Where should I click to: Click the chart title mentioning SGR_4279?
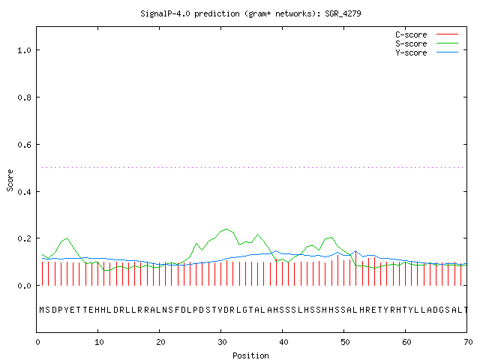250,13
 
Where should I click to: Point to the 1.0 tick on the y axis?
24,50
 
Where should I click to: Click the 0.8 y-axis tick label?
24,97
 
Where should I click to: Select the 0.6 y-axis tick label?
24,145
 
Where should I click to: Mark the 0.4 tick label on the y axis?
24,192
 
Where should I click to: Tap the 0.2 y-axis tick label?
24,238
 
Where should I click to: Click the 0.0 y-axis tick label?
24,286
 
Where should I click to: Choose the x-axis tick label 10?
99,342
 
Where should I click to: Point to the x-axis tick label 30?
222,342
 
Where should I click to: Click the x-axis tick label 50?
345,342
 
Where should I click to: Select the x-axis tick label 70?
468,342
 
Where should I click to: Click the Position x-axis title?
250,355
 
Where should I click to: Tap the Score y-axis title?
10,181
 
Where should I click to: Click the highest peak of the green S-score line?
226,229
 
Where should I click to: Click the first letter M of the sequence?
42,310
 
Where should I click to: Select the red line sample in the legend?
447,34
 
